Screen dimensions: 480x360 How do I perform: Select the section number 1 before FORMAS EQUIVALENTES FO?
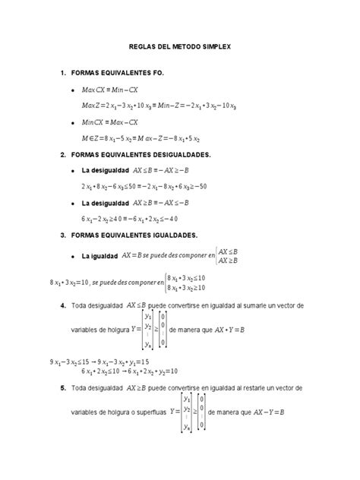[62, 73]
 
